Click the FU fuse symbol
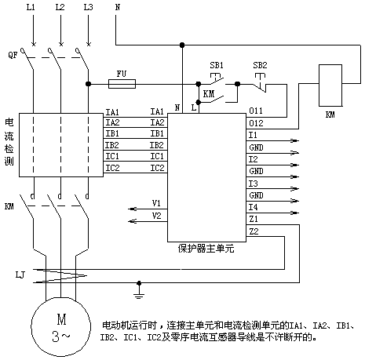pos(122,84)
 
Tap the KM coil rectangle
pos(330,85)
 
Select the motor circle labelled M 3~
pos(61,326)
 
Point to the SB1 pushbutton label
pos(217,65)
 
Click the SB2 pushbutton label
pos(260,65)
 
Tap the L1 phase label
pos(31,7)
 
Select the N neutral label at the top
pos(118,7)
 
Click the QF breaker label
pos(13,55)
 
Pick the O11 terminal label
pos(256,111)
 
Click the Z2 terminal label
pos(254,231)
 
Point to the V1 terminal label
pos(156,203)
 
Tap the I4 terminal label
pos(253,207)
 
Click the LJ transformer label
pos(20,275)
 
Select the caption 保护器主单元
pos(206,249)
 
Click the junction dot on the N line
pos(182,45)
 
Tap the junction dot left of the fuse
pos(89,84)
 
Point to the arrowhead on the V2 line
pos(133,221)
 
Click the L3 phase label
pos(88,7)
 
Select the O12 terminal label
pos(256,123)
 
